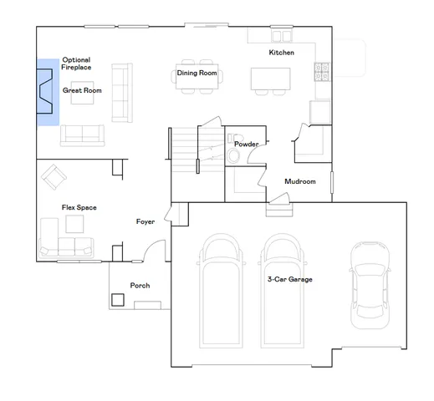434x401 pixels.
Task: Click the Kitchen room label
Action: pos(281,53)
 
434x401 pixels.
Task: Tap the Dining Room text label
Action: pos(197,74)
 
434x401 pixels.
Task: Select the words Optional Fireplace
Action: pos(76,63)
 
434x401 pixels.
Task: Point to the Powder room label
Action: pos(246,144)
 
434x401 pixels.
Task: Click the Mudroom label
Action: pos(299,181)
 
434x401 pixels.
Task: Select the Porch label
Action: pos(140,286)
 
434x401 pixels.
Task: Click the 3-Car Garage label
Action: pos(289,279)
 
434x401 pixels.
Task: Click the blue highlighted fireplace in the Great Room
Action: pos(46,92)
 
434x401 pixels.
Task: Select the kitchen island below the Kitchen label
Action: pos(270,79)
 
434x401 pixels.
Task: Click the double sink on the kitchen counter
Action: pos(280,37)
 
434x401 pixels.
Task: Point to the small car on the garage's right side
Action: pos(368,282)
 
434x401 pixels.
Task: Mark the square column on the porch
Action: pos(118,298)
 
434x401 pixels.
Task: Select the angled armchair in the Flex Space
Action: pos(55,176)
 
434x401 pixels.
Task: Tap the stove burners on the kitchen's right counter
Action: pos(320,74)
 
